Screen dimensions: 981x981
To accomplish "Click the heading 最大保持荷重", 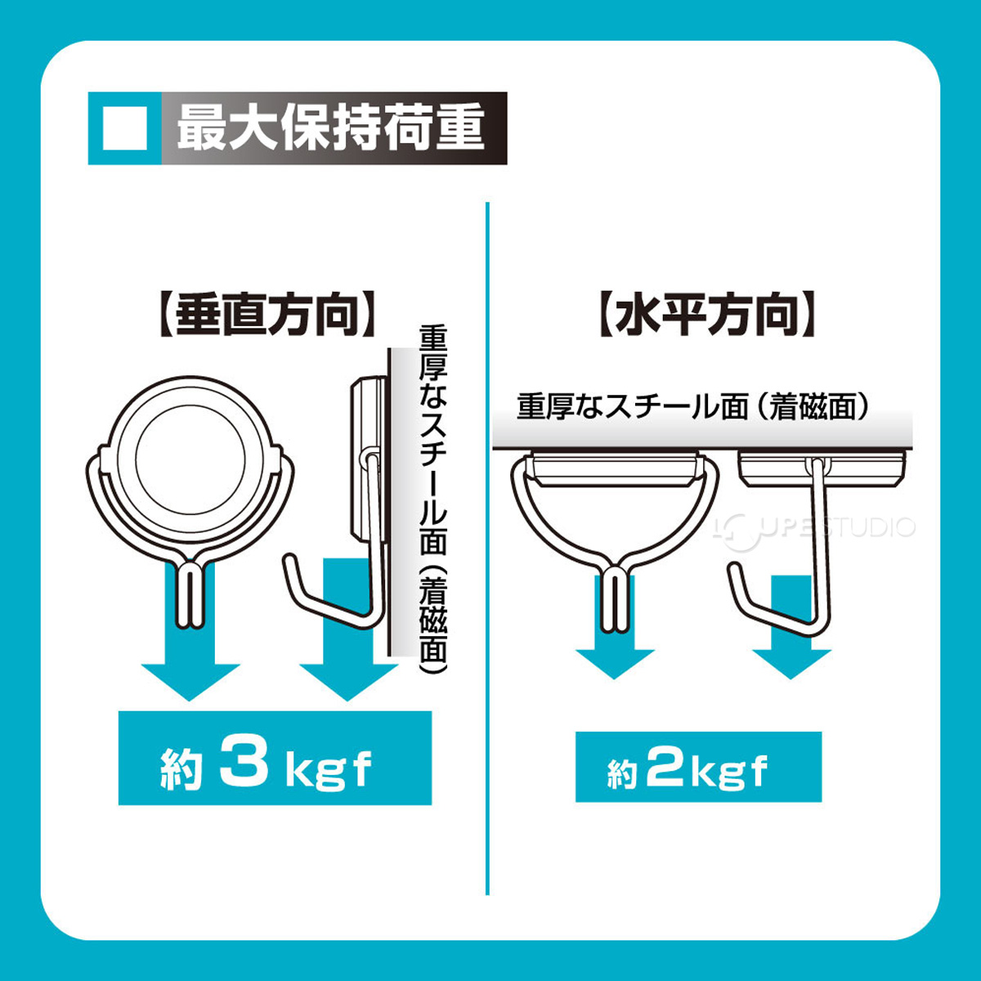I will tap(331, 128).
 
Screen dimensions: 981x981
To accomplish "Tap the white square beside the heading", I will tap(125, 128).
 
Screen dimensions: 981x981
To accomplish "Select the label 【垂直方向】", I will tap(267, 315).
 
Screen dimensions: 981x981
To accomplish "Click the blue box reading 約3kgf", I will tap(275, 758).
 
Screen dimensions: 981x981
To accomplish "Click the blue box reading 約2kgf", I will tap(698, 767).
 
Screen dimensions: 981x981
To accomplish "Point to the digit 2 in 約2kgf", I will tap(666, 768).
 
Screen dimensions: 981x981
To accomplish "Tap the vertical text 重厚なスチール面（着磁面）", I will tap(433, 499).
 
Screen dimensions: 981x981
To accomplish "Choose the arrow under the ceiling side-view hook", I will tap(791, 646).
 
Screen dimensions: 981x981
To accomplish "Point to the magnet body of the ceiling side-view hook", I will tap(822, 467).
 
